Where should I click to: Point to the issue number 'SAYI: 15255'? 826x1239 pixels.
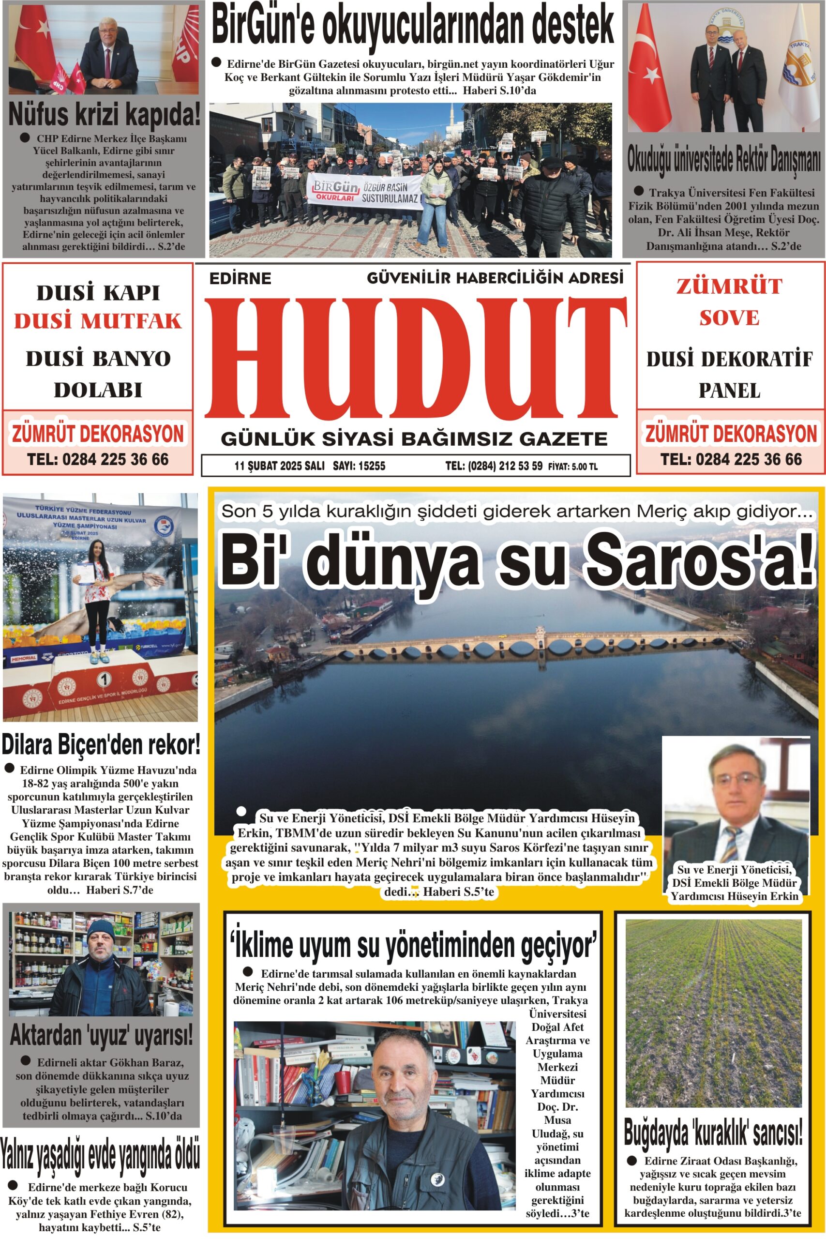pos(359,466)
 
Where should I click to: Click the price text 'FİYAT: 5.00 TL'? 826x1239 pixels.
pos(572,466)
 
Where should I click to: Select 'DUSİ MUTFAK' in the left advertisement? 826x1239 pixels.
pos(98,321)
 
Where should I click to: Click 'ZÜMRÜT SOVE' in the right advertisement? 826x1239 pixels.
pos(729,302)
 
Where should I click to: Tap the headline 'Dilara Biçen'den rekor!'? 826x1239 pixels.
pos(101,745)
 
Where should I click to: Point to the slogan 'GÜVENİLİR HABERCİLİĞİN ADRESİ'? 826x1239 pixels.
pos(495,277)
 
